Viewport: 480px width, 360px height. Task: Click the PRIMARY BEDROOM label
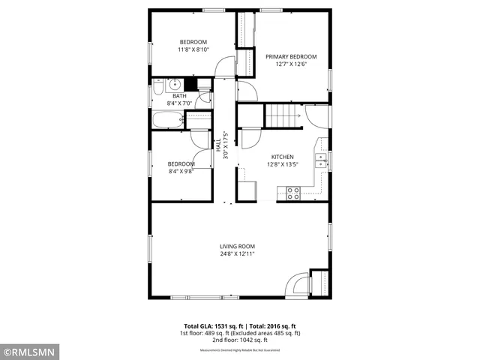pyautogui.click(x=291, y=56)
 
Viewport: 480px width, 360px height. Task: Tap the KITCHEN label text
pyautogui.click(x=282, y=157)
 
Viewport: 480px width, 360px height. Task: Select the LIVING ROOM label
pyautogui.click(x=237, y=246)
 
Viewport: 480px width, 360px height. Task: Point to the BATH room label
pyautogui.click(x=179, y=96)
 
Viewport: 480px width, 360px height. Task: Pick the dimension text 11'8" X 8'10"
pyautogui.click(x=193, y=49)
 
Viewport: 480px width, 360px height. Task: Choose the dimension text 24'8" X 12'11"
pyautogui.click(x=237, y=254)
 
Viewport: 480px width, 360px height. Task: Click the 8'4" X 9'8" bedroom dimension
pyautogui.click(x=181, y=172)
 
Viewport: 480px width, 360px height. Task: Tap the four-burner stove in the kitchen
pyautogui.click(x=293, y=193)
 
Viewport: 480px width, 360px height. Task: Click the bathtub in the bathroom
pyautogui.click(x=167, y=120)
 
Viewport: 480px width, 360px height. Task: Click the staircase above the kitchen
pyautogui.click(x=281, y=115)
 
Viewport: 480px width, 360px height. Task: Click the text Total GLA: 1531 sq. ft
pyautogui.click(x=205, y=325)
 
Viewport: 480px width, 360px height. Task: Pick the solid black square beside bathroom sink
pyautogui.click(x=190, y=84)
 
